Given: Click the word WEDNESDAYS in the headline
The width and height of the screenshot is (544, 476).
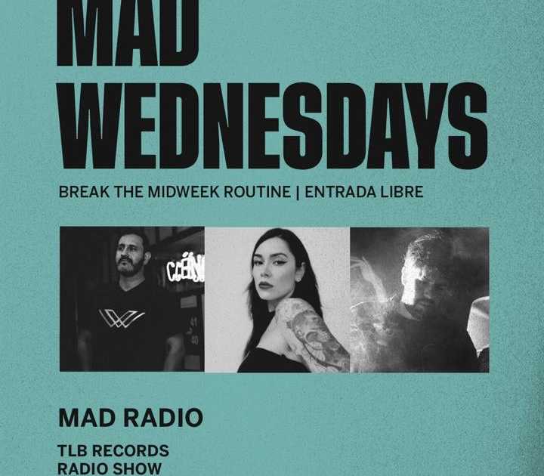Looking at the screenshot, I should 272,125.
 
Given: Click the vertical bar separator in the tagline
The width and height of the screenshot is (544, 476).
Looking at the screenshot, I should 298,192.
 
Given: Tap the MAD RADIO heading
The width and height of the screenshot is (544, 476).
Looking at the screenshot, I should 130,418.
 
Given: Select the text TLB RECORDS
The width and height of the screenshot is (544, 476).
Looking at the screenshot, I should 113,451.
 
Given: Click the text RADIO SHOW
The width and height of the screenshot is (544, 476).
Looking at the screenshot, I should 110,468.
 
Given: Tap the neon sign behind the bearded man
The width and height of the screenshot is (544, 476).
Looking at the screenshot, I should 186,268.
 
